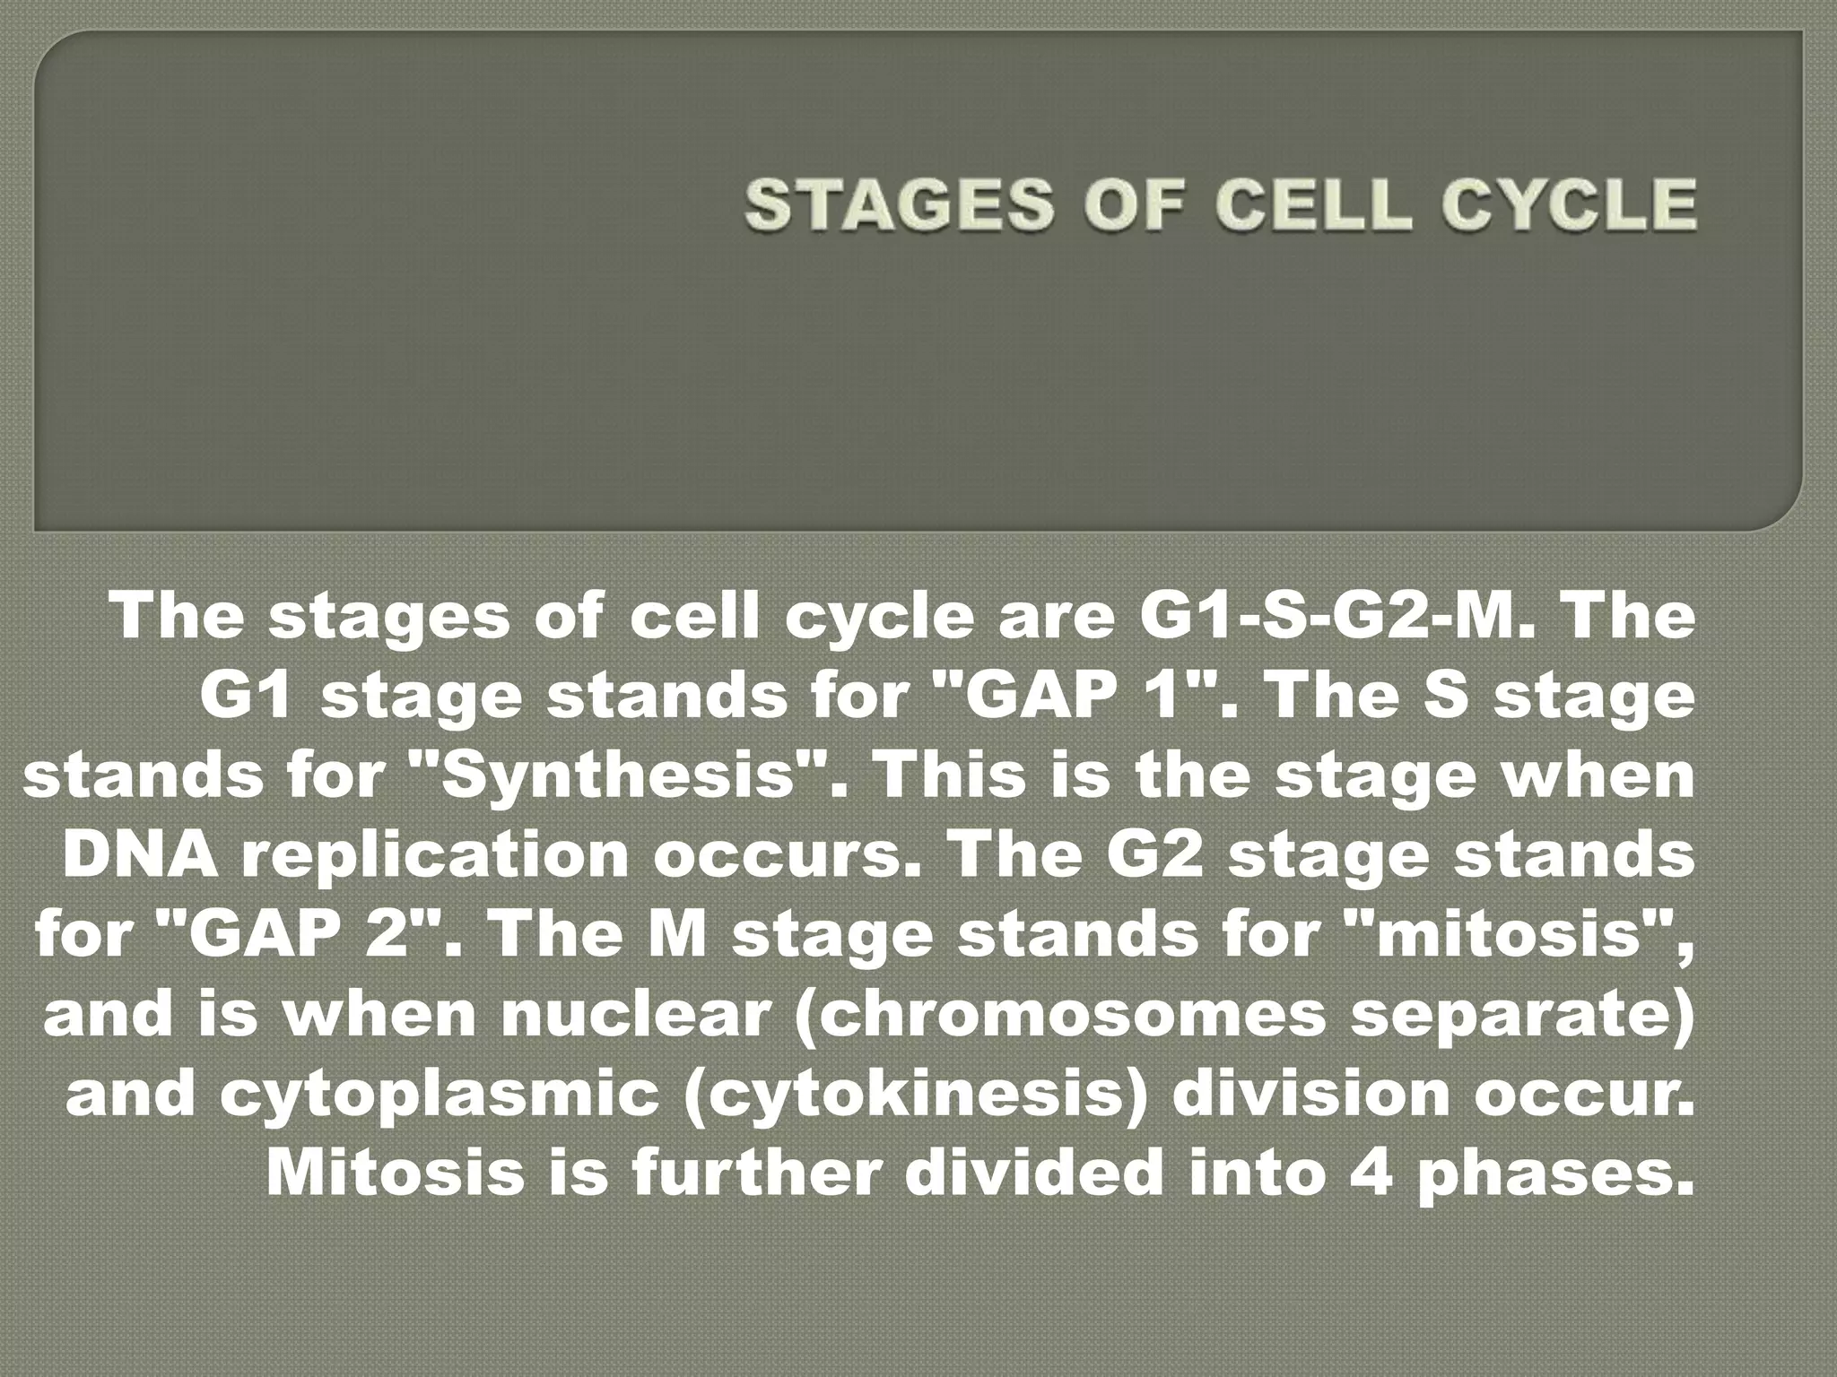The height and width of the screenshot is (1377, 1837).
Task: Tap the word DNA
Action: pos(140,853)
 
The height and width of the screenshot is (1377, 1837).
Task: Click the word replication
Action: pos(436,853)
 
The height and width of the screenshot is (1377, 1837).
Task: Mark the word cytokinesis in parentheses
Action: pos(915,1092)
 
